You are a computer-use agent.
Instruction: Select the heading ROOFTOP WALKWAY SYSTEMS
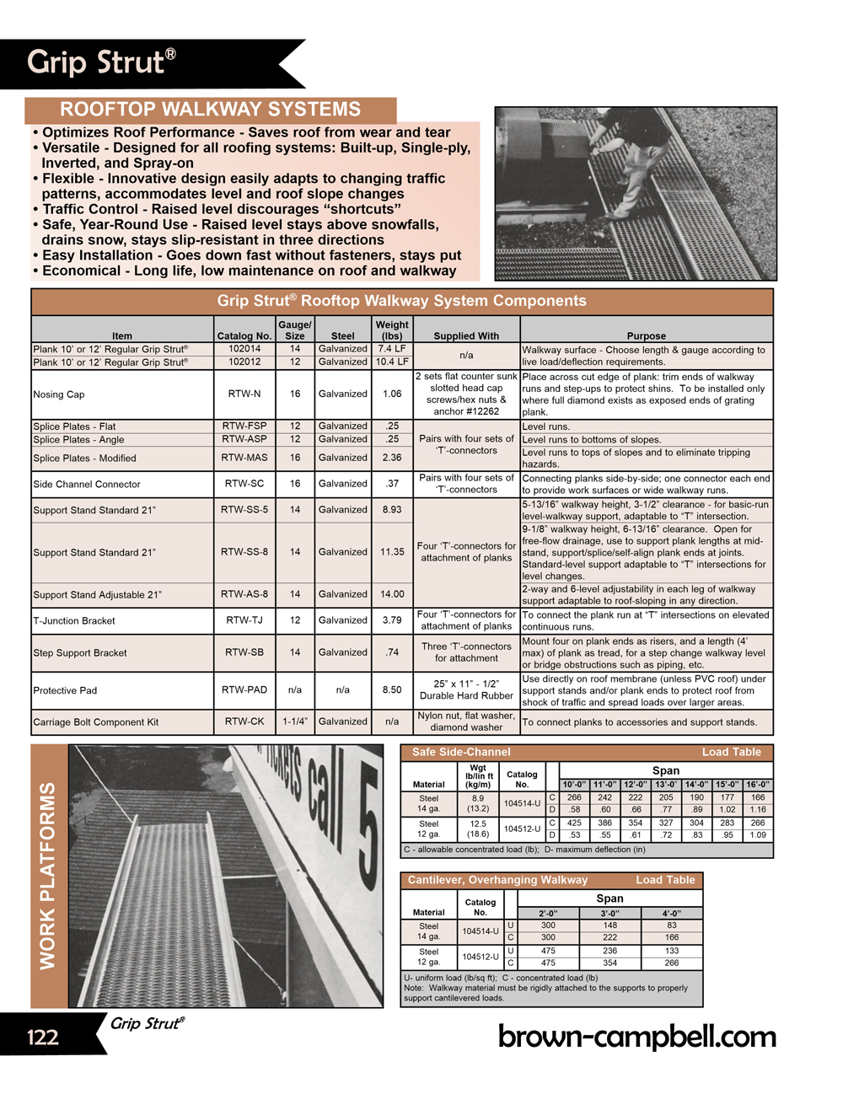point(210,110)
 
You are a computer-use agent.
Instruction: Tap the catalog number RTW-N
point(244,394)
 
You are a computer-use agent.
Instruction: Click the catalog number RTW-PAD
point(244,689)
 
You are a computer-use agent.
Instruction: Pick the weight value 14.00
point(392,594)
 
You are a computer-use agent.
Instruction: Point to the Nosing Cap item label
point(59,394)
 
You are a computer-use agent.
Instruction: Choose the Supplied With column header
point(466,335)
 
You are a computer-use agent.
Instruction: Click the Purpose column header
point(647,335)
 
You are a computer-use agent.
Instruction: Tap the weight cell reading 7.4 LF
point(392,349)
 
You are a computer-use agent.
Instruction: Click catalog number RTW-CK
point(244,721)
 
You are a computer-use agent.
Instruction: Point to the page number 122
point(43,1037)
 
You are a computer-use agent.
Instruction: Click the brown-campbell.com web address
point(636,1037)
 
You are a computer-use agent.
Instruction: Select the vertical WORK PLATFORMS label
point(48,876)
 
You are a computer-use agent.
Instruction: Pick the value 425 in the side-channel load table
point(574,823)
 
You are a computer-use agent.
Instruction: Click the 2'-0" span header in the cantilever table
point(548,914)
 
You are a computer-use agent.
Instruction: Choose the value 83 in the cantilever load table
point(672,925)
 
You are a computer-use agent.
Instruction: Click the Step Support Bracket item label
point(80,653)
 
